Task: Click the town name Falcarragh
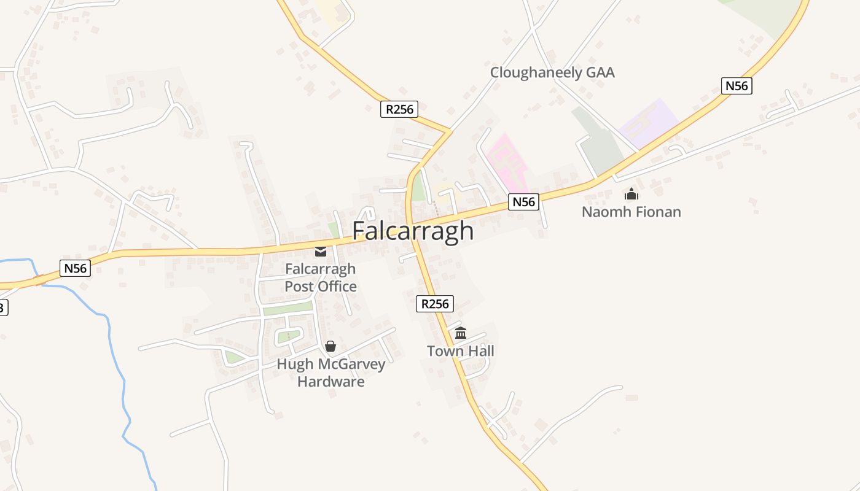413,231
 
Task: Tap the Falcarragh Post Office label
320,277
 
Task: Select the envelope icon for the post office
321,251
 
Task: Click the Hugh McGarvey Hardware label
330,373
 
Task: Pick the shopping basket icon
330,346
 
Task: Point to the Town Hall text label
460,351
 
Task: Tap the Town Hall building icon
461,333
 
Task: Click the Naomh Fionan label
631,212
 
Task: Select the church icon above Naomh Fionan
631,195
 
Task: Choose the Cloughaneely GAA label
552,72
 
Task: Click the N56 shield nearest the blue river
76,268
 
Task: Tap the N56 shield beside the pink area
523,201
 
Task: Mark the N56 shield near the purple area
737,86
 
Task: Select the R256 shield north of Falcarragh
399,109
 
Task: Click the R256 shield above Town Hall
435,303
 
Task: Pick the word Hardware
330,381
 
